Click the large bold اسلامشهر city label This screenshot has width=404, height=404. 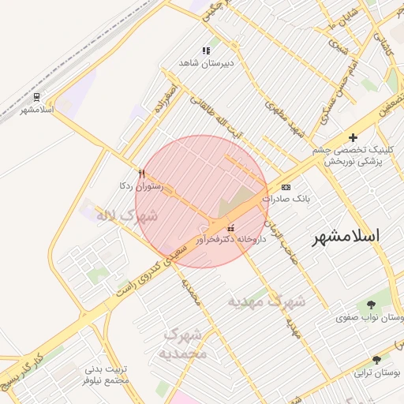[x=346, y=236]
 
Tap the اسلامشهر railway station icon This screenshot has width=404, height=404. [x=36, y=97]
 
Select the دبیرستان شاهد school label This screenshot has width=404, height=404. [x=207, y=62]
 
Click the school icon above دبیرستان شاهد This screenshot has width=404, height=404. [x=207, y=50]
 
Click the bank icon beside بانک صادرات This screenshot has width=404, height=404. [x=286, y=187]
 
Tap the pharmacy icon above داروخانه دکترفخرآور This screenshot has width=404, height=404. [x=230, y=227]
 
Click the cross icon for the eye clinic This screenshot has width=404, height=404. [x=353, y=138]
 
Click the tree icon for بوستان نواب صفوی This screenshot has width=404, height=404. [x=371, y=305]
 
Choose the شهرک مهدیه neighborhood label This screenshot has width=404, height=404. [x=267, y=301]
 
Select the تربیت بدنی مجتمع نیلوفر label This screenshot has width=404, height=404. [x=107, y=374]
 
